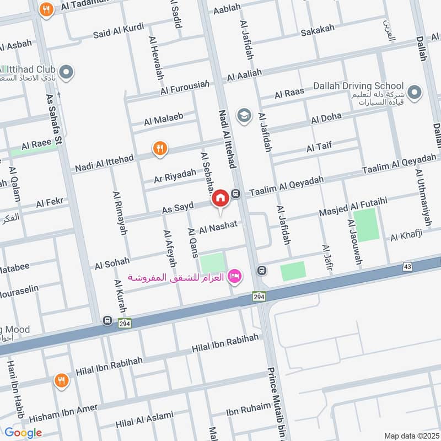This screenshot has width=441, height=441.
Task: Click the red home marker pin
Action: coord(220,197)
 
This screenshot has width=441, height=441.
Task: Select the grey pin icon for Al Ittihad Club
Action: coord(66,72)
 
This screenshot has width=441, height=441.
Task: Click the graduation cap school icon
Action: coord(243,115)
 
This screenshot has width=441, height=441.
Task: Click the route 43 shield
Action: coord(407,267)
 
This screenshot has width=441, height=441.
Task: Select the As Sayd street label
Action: coord(178,208)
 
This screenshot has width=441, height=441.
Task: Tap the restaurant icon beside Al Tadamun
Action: coord(47,9)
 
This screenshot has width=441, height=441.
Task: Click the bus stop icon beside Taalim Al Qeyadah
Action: coord(236,193)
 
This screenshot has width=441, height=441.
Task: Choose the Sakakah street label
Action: coord(315,33)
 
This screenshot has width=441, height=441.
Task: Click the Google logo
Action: coord(23,433)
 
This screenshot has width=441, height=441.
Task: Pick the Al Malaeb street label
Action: coord(163,119)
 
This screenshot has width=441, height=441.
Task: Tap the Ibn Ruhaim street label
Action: coord(248,411)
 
